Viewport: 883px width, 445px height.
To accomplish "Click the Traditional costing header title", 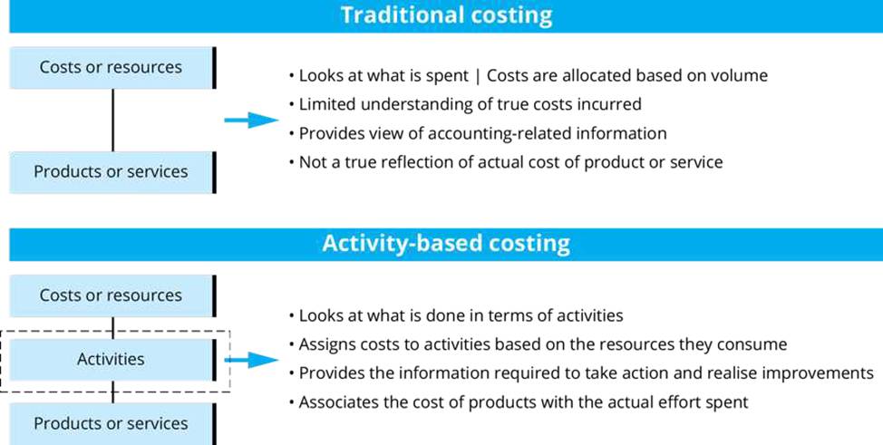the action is (446, 15).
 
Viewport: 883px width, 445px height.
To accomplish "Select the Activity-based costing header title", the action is (446, 243).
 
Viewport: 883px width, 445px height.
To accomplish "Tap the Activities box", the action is (112, 360).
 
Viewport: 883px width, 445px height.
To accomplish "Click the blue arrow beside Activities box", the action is (251, 360).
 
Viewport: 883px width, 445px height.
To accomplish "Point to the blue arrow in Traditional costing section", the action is (251, 120).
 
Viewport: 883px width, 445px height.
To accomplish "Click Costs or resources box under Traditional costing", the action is (112, 68).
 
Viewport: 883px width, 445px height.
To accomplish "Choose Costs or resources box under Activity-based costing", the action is (112, 295).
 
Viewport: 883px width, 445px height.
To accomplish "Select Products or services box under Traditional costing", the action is (112, 172).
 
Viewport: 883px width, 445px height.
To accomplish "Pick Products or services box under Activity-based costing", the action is (112, 423).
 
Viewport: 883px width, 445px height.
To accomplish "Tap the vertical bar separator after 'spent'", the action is (478, 76).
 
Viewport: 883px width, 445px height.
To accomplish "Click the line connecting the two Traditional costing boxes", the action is (112, 120).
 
